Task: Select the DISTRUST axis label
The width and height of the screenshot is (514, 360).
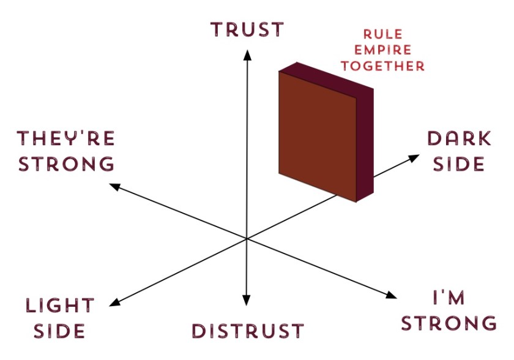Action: (x=247, y=331)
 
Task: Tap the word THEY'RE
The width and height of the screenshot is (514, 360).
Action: (x=66, y=139)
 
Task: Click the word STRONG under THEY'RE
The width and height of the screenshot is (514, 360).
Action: (x=66, y=164)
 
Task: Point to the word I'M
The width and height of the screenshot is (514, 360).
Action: (x=449, y=298)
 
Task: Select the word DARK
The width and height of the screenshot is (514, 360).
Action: (x=458, y=139)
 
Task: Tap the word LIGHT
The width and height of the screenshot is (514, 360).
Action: (x=59, y=306)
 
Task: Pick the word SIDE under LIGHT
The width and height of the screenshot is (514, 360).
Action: (x=59, y=331)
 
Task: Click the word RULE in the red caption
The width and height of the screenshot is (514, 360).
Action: (x=385, y=34)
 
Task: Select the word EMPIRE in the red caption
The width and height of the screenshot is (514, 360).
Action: (x=385, y=50)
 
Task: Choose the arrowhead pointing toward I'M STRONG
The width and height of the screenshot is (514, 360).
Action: (x=392, y=295)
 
